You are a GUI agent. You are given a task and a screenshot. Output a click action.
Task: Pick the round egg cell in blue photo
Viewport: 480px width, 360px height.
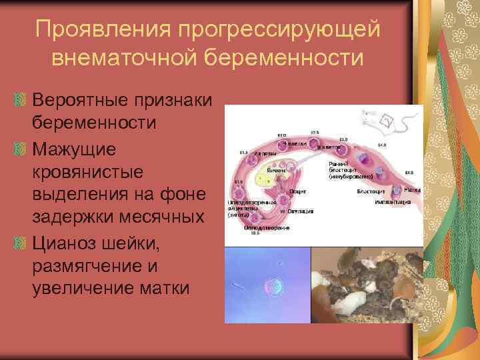(273, 285)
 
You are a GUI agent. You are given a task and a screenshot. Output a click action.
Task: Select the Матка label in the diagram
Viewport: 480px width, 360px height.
(411, 191)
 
